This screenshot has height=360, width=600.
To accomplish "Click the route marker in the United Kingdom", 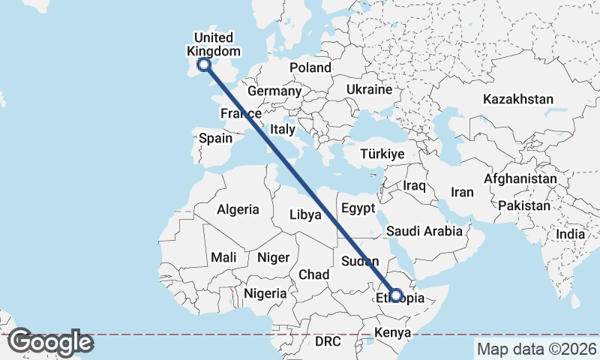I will [202, 65].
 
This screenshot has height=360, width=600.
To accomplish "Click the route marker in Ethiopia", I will [396, 295].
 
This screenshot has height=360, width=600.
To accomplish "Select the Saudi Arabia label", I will [425, 231].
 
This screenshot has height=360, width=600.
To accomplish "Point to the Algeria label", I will [238, 210].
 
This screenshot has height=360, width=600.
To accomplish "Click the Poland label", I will [310, 67].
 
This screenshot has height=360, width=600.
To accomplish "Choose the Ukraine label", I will [369, 89].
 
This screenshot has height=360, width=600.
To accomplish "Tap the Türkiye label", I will [382, 154].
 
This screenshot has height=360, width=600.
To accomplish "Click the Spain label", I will [215, 138].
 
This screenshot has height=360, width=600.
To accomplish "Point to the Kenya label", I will [392, 332].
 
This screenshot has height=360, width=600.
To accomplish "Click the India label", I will [570, 234].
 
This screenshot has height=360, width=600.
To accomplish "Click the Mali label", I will [223, 257].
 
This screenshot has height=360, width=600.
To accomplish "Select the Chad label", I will [313, 274].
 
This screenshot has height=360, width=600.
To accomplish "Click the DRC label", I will [328, 341].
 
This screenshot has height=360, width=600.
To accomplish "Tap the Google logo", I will [50, 342].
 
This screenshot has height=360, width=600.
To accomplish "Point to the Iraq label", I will [414, 185].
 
